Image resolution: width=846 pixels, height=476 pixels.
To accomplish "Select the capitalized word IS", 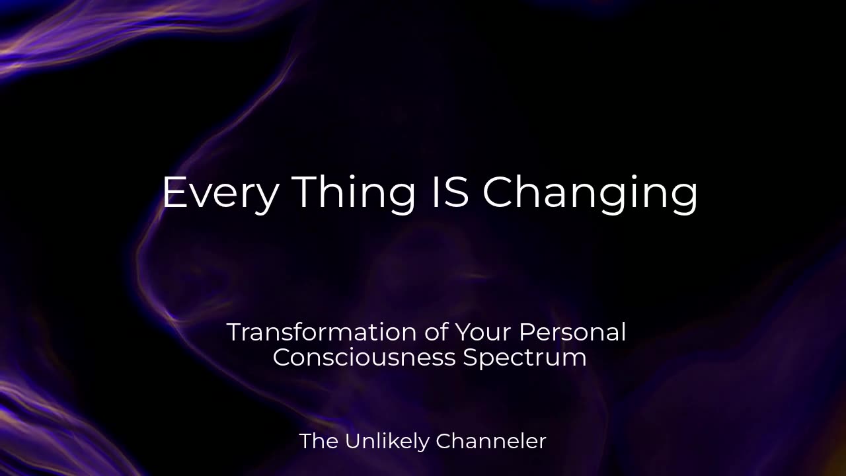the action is [x=450, y=192].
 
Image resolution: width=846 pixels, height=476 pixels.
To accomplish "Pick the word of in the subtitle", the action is [x=436, y=332].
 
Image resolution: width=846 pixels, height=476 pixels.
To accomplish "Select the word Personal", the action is [x=572, y=332].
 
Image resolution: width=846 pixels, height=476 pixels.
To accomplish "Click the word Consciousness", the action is [x=364, y=357].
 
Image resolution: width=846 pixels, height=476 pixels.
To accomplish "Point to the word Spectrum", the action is [x=525, y=358].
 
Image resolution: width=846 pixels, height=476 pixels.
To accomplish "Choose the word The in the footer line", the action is [x=319, y=441].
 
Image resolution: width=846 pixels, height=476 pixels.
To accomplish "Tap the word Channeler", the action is [x=491, y=441].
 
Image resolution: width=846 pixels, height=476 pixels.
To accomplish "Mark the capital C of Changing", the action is [x=498, y=192].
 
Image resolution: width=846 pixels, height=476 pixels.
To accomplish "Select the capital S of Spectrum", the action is [x=471, y=357].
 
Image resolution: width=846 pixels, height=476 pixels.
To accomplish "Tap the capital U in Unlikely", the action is [x=353, y=441].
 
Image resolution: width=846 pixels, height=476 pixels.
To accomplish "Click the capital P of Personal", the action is [x=527, y=332].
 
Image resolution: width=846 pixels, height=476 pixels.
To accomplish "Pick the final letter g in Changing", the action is [x=684, y=199].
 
